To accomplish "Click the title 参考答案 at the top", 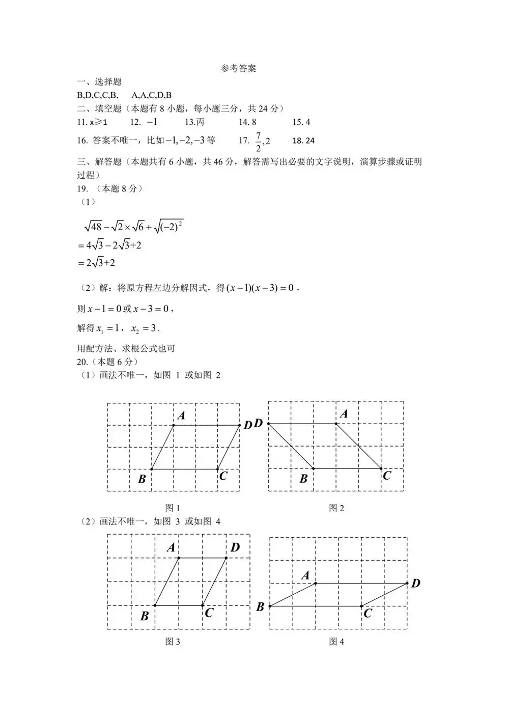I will tap(238, 69).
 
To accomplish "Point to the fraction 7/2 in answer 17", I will tap(258, 142).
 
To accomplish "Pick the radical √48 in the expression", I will tap(93, 227).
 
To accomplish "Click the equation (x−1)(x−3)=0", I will tap(260, 288).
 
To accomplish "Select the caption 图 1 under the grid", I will tap(173, 508).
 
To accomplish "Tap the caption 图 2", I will tap(336, 508).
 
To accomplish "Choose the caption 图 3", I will tap(173, 642).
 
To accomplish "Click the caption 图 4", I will tap(336, 642).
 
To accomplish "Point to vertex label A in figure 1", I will tap(181, 416).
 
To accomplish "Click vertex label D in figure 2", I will tap(258, 423).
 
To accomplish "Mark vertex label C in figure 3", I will tap(209, 613).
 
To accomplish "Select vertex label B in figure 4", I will tap(260, 607).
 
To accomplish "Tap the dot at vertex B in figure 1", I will tap(152, 469).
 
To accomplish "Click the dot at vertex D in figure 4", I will tap(407, 583).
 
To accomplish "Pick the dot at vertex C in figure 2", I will tap(381, 468).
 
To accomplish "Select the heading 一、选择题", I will tap(99, 82).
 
